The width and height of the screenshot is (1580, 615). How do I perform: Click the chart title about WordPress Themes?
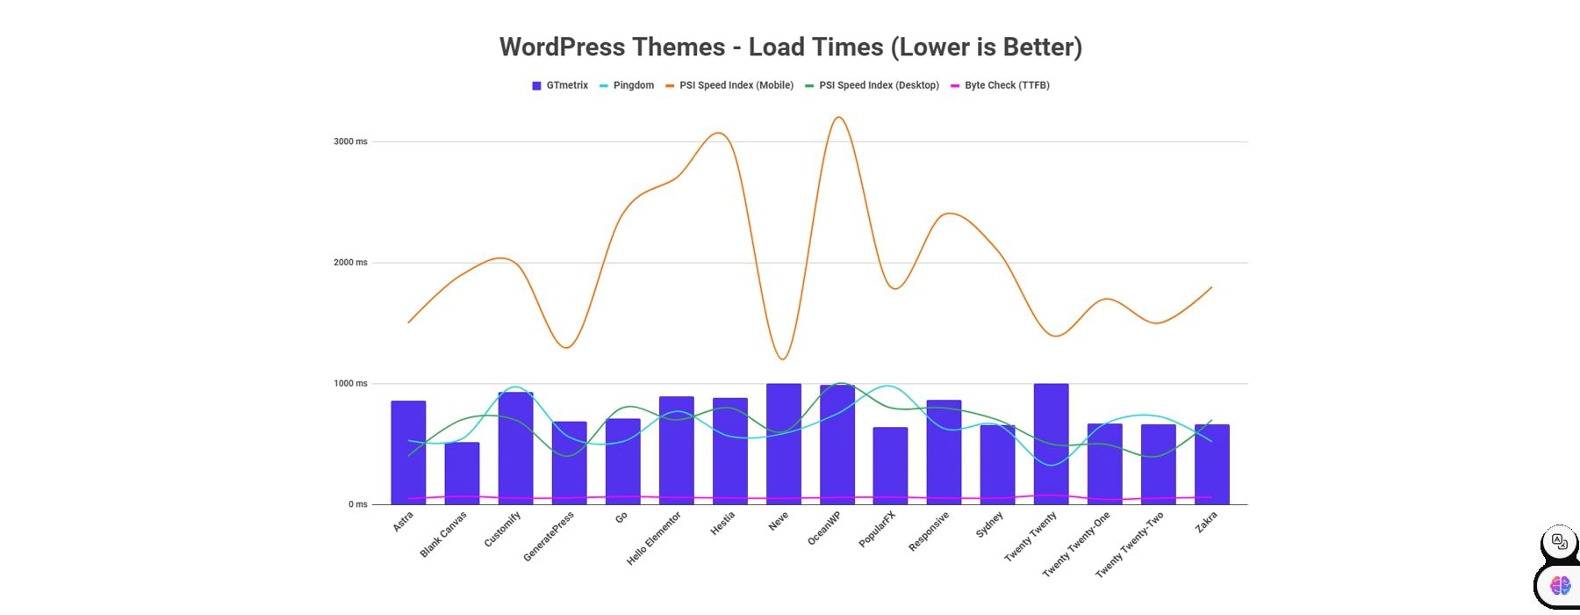pyautogui.click(x=790, y=47)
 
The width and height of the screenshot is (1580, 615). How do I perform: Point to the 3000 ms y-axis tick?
pyautogui.click(x=350, y=141)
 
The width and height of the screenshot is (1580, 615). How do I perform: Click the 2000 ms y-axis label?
pyautogui.click(x=350, y=263)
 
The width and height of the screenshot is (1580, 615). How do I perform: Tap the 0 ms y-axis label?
pyautogui.click(x=357, y=504)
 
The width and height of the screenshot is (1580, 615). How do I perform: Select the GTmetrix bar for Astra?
pyautogui.click(x=408, y=452)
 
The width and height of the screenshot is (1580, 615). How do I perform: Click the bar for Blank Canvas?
pyautogui.click(x=462, y=474)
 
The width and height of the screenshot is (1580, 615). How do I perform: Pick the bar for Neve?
pyautogui.click(x=783, y=444)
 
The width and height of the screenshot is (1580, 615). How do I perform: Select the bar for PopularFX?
pyautogui.click(x=890, y=466)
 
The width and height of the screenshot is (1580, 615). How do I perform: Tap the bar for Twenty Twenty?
pyautogui.click(x=1051, y=444)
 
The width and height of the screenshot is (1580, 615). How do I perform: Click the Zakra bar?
pyautogui.click(x=1211, y=464)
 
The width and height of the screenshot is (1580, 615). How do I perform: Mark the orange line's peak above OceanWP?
pyautogui.click(x=838, y=117)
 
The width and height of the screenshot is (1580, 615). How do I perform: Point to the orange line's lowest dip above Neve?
pyautogui.click(x=782, y=359)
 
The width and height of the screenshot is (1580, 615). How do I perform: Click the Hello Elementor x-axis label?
pyautogui.click(x=654, y=539)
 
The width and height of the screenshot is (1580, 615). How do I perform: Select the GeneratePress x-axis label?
pyautogui.click(x=549, y=537)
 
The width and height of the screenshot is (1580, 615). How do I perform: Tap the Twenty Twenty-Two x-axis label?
pyautogui.click(x=1130, y=545)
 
